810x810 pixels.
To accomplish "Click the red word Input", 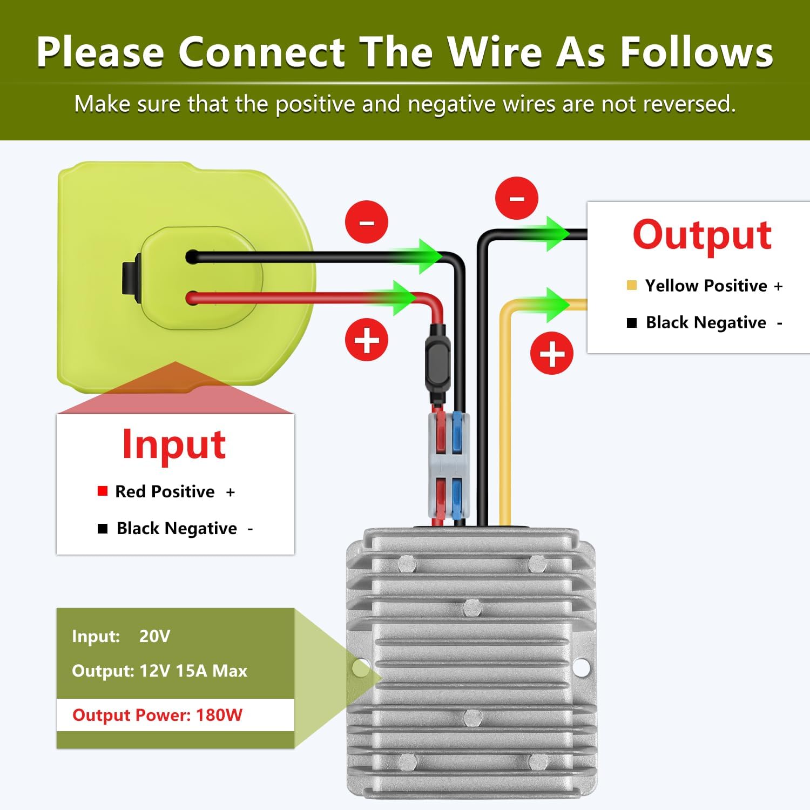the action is click(174, 444).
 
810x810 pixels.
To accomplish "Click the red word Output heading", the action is click(702, 235).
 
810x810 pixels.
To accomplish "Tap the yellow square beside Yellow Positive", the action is click(631, 285).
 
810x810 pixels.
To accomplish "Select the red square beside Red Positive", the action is click(102, 491).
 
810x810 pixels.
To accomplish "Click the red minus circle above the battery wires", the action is click(367, 222).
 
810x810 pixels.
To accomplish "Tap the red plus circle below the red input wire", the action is click(367, 340).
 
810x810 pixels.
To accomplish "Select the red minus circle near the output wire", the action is click(517, 198).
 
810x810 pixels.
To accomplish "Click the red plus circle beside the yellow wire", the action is click(552, 353).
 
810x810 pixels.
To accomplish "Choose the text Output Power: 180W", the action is click(157, 715).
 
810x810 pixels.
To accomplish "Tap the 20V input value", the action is click(154, 636).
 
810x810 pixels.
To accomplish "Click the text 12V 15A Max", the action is click(193, 671).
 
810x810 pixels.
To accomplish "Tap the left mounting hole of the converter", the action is click(361, 667).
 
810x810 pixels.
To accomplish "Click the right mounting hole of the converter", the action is click(580, 667).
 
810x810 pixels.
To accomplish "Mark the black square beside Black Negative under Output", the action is click(632, 323).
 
